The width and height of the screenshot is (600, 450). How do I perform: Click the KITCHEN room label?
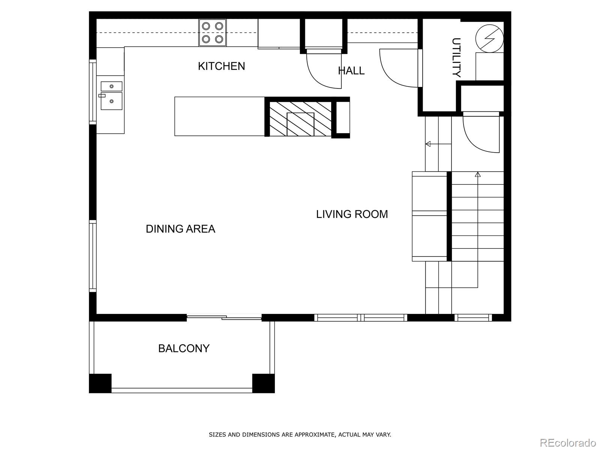pyautogui.click(x=221, y=66)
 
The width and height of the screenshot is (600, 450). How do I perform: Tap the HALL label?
pyautogui.click(x=351, y=70)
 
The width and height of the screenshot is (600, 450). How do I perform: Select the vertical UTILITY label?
pyautogui.click(x=456, y=57)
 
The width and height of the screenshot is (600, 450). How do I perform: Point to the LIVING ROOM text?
pyautogui.click(x=352, y=214)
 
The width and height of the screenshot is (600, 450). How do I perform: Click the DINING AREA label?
pyautogui.click(x=180, y=229)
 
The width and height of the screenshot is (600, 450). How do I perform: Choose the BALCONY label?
pyautogui.click(x=184, y=348)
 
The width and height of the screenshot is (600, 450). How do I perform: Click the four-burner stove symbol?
pyautogui.click(x=213, y=33)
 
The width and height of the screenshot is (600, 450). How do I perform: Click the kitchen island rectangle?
pyautogui.click(x=219, y=116)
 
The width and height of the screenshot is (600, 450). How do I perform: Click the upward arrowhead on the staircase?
pyautogui.click(x=478, y=174)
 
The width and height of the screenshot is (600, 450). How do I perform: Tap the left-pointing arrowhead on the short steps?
pyautogui.click(x=428, y=144)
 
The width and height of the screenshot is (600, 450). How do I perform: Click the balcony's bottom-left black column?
pyautogui.click(x=100, y=383)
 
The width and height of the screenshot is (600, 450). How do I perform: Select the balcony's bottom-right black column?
pyautogui.click(x=263, y=383)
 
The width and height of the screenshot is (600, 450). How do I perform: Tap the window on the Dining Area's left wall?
pyautogui.click(x=92, y=256)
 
